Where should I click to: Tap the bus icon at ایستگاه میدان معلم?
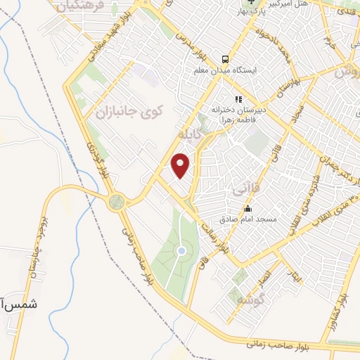224,60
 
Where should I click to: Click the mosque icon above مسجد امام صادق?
247,209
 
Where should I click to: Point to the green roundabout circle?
116,202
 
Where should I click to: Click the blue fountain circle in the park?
181,250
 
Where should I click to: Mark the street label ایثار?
296,277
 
